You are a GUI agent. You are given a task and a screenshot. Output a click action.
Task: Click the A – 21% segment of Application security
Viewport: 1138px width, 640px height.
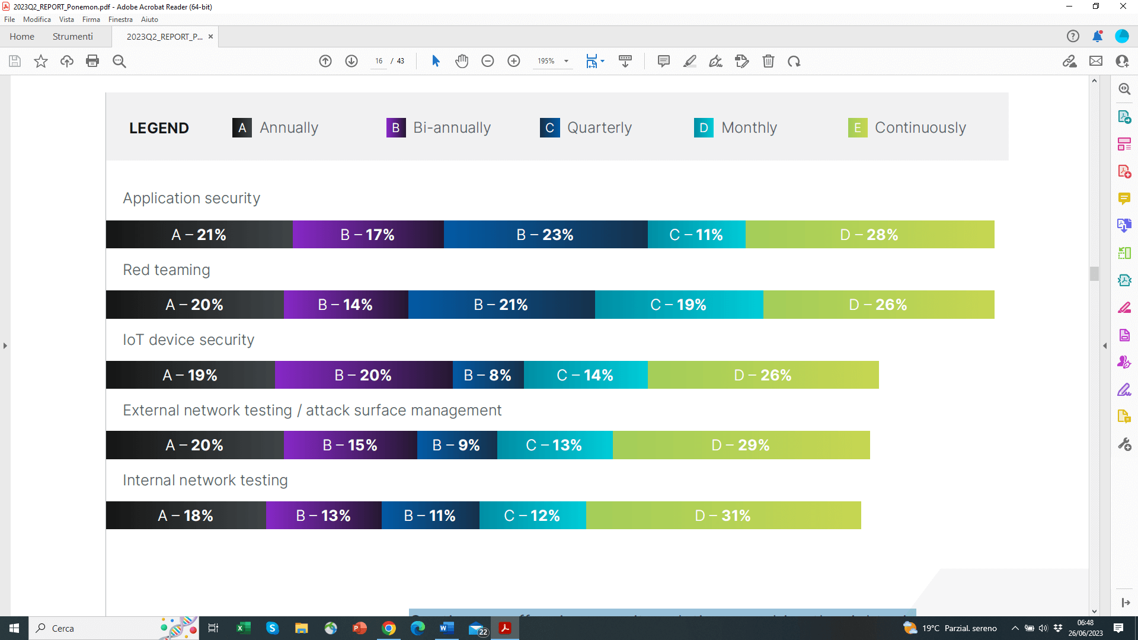[x=199, y=235]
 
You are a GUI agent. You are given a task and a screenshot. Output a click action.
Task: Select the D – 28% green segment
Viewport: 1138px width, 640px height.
[x=870, y=235]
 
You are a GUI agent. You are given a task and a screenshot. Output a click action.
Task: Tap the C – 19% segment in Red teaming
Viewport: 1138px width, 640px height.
[x=679, y=305]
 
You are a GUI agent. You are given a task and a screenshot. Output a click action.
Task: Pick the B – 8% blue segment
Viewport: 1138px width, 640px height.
[x=488, y=375]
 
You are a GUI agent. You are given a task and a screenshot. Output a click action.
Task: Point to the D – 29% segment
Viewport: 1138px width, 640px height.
[x=741, y=445]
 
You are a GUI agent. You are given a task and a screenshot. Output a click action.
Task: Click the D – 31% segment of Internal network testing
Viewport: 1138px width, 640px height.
[x=723, y=516]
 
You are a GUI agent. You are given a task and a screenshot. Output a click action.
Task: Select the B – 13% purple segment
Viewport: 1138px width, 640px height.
[x=324, y=516]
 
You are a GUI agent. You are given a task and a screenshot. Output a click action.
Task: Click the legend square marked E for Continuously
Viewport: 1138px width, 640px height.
[x=857, y=127]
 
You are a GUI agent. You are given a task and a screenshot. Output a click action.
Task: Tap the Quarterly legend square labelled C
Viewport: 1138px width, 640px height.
[x=549, y=127]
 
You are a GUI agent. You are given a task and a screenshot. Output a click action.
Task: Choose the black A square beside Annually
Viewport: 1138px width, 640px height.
[x=242, y=127]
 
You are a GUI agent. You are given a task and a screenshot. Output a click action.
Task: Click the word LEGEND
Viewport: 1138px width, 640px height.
[x=159, y=128]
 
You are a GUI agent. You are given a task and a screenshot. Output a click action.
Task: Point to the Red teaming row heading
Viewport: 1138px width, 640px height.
[x=167, y=270]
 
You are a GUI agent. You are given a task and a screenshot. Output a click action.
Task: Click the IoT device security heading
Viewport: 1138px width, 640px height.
[x=188, y=340]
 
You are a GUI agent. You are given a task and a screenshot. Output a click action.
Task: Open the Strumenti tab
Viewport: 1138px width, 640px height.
[x=72, y=37]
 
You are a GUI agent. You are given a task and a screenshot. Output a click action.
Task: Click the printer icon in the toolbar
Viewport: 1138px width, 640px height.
[x=92, y=61]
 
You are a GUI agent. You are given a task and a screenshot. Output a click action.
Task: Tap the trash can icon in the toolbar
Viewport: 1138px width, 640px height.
[x=768, y=61]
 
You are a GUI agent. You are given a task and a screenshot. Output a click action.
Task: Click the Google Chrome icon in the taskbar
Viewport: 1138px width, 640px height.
[x=389, y=628]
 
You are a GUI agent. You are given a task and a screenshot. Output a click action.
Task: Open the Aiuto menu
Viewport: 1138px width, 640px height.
[x=149, y=20]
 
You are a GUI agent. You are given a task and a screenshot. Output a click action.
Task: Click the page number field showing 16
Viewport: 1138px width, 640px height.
[x=379, y=61]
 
